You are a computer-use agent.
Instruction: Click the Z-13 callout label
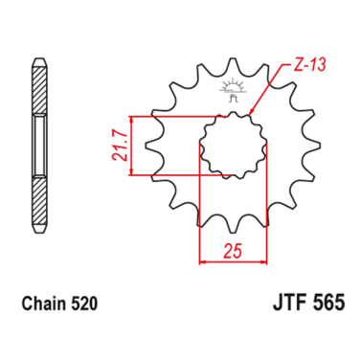[309, 65]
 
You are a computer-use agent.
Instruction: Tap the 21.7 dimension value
[120, 146]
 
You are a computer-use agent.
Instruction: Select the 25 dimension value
[233, 251]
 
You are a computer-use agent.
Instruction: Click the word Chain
[44, 304]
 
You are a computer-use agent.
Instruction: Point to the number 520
[84, 304]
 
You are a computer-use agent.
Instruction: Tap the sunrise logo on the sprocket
[233, 89]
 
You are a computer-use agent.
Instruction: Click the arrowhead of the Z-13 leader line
[251, 111]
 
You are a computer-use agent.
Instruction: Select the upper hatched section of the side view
[40, 88]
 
